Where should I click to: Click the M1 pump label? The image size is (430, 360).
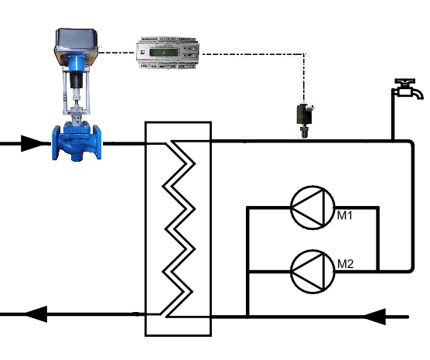(x=345, y=215)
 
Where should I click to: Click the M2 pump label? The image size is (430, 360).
(x=345, y=264)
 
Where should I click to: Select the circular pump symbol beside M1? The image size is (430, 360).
(x=312, y=207)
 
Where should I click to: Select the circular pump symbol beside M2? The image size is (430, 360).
(x=312, y=272)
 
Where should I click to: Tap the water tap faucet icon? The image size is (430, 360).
(x=408, y=89)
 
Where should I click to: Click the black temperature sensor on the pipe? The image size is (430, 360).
(x=305, y=120)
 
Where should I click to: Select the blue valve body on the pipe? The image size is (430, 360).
(x=77, y=142)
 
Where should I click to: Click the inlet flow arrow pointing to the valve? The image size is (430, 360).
(x=32, y=143)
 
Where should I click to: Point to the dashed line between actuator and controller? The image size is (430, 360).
(x=117, y=53)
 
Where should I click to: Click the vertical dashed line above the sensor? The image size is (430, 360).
(x=304, y=78)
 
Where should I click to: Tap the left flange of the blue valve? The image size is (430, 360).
(x=56, y=142)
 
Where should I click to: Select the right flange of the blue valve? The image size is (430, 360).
(x=97, y=142)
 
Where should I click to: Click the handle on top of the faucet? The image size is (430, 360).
(x=404, y=81)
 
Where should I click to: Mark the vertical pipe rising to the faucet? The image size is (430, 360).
(x=393, y=116)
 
